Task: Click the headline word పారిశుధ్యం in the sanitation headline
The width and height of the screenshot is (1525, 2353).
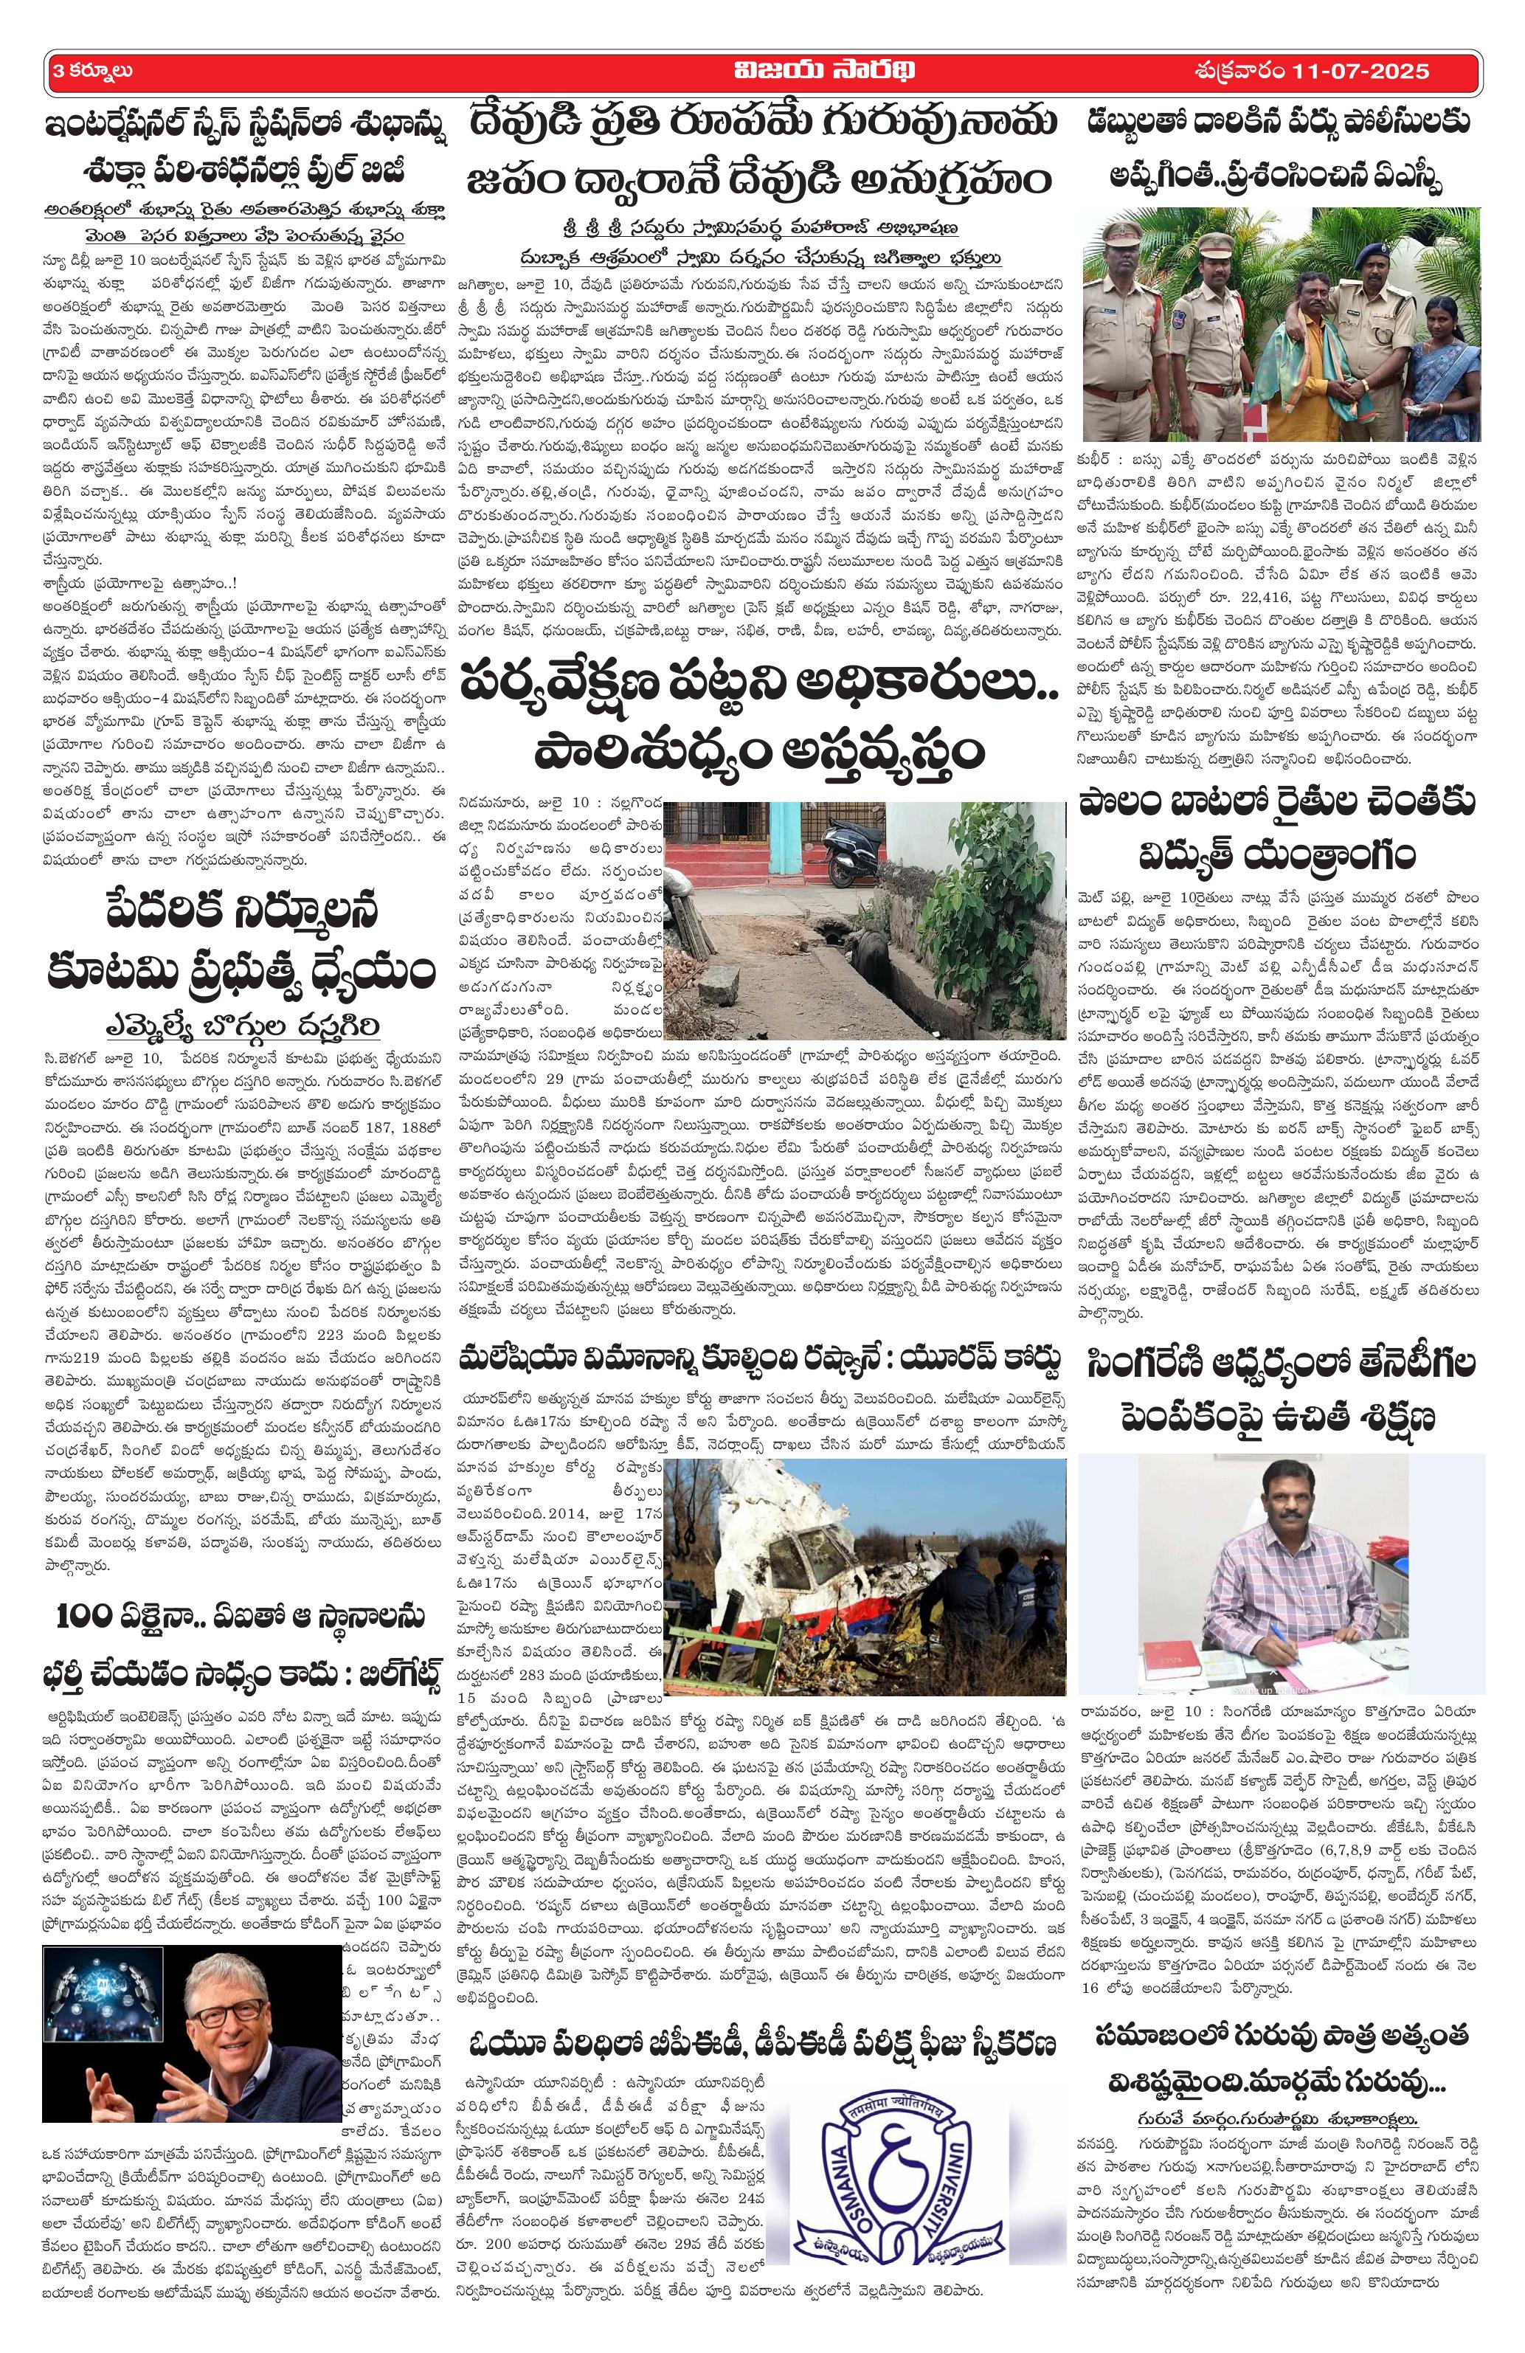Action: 649,750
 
